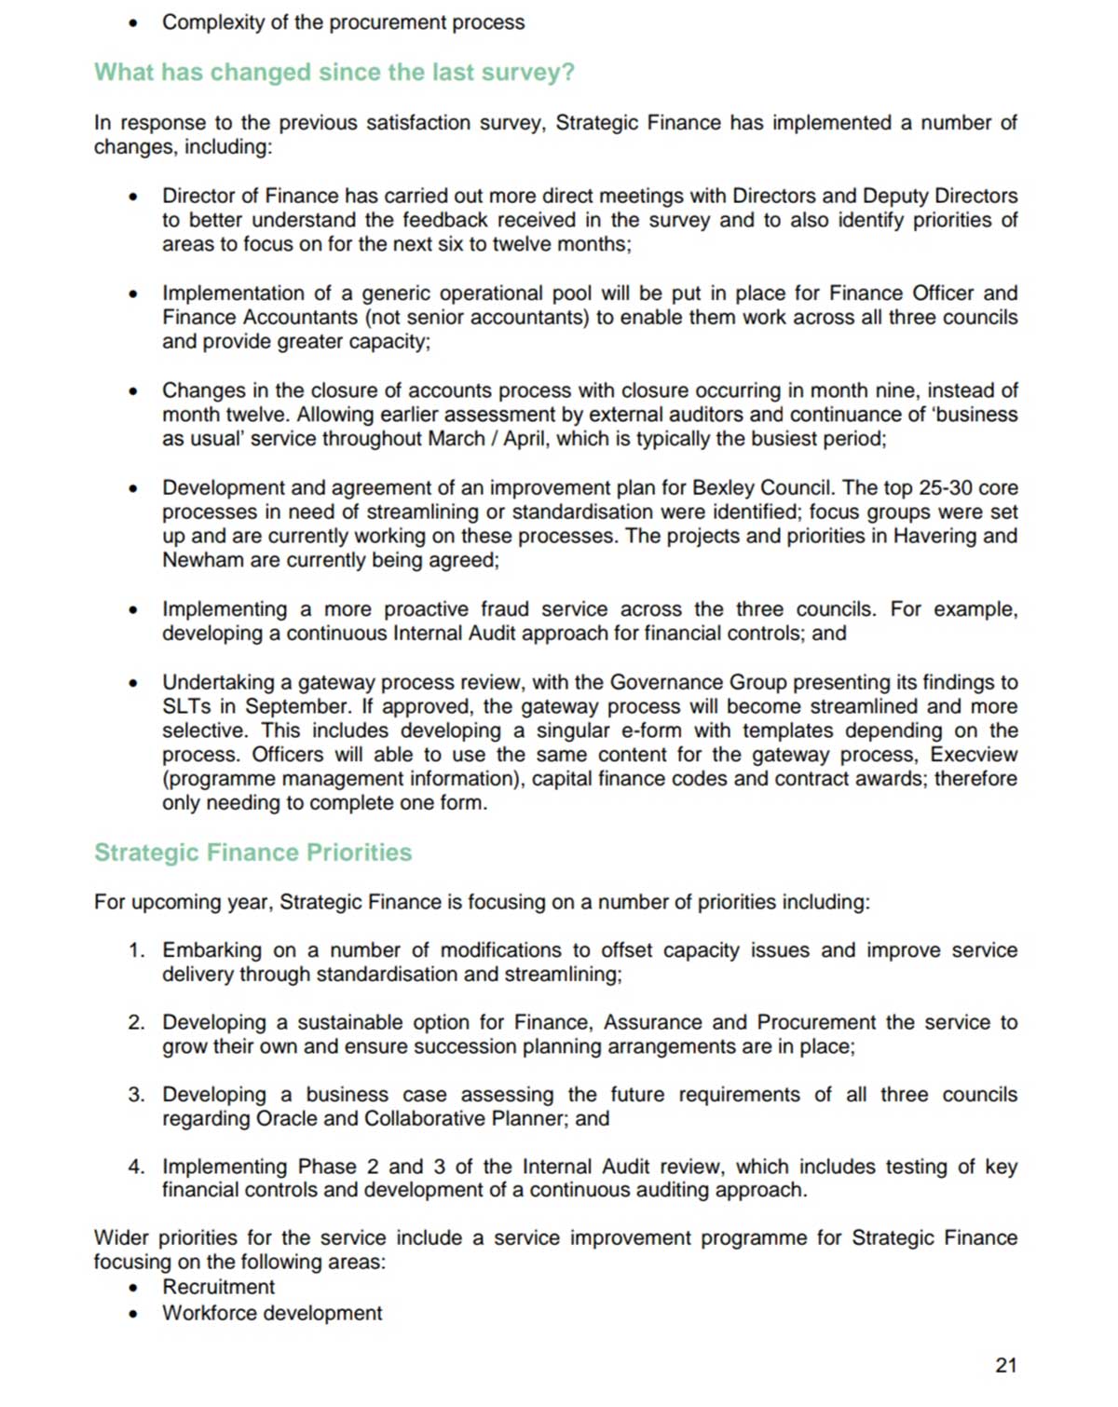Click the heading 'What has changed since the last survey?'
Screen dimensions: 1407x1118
point(334,73)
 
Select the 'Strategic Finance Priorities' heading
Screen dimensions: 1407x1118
point(252,853)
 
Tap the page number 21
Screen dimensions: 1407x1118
point(1006,1365)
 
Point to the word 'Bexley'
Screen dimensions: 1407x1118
point(722,487)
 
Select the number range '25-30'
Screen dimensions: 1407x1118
point(940,487)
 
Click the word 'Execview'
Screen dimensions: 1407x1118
point(974,755)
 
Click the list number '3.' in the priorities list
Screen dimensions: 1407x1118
point(137,1094)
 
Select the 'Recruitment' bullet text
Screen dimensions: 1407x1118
point(218,1287)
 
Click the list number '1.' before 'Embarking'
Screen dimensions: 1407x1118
point(137,950)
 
